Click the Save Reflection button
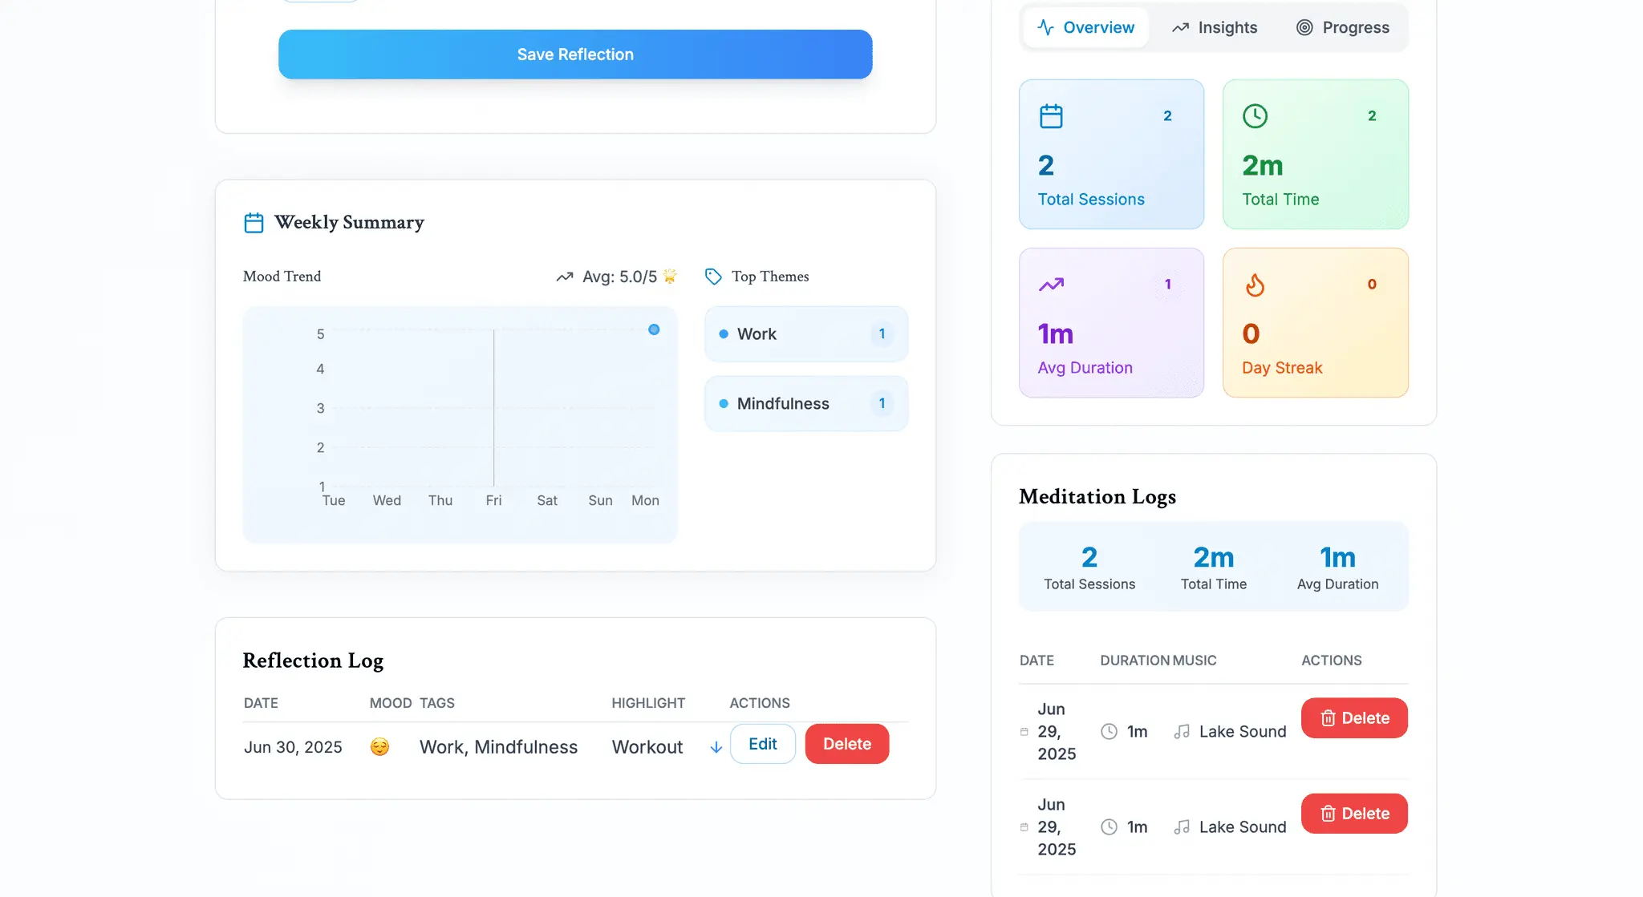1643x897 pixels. click(x=575, y=55)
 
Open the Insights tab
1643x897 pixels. click(x=1215, y=27)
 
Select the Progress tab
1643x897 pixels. click(x=1342, y=27)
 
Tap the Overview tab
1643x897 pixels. click(x=1085, y=27)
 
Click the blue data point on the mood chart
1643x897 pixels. click(x=654, y=329)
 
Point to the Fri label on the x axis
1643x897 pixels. click(x=493, y=500)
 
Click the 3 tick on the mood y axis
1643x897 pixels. click(x=320, y=408)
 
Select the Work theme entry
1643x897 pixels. click(x=806, y=334)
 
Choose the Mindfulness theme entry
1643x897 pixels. click(x=806, y=404)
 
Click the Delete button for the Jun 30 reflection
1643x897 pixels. click(x=847, y=744)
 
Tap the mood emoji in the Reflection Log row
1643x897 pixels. click(x=379, y=747)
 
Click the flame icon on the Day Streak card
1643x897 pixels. click(x=1255, y=285)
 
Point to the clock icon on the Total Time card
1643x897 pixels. click(x=1255, y=116)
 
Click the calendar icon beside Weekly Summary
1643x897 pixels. click(x=254, y=223)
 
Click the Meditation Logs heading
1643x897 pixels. click(x=1097, y=497)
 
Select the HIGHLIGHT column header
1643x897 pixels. click(x=648, y=703)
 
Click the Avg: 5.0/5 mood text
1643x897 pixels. click(x=619, y=277)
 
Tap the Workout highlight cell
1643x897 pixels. click(x=647, y=747)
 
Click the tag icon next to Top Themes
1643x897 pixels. click(x=713, y=277)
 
